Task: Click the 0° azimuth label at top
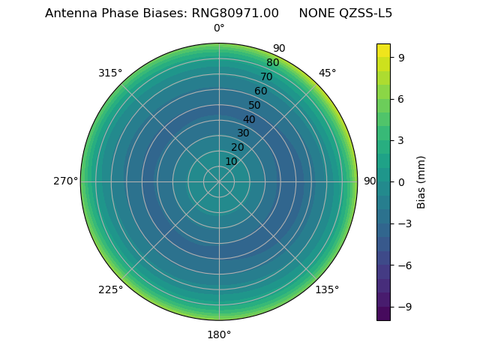pyautogui.click(x=219, y=28)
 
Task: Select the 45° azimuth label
pyautogui.click(x=327, y=73)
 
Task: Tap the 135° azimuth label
pyautogui.click(x=327, y=289)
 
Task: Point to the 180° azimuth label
pyautogui.click(x=219, y=334)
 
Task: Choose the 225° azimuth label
pyautogui.click(x=110, y=289)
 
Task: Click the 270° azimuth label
pyautogui.click(x=65, y=181)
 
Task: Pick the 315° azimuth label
pyautogui.click(x=110, y=73)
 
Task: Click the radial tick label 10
pyautogui.click(x=231, y=161)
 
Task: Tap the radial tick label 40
pyautogui.click(x=249, y=119)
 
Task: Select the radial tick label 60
pyautogui.click(x=261, y=91)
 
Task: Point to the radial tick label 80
pyautogui.click(x=273, y=62)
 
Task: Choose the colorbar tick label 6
pyautogui.click(x=400, y=98)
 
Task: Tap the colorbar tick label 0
pyautogui.click(x=400, y=181)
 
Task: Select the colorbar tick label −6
pyautogui.click(x=403, y=265)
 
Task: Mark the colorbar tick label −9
pyautogui.click(x=403, y=307)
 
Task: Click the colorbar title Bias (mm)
pyautogui.click(x=421, y=181)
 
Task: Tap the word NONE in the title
pyautogui.click(x=316, y=13)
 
